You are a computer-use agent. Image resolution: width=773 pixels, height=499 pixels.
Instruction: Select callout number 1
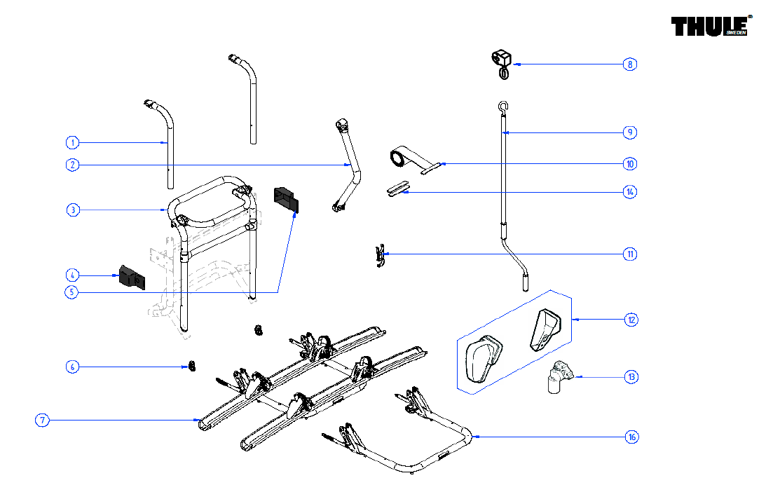coord(72,143)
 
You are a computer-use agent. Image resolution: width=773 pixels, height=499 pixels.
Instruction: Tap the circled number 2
coord(72,165)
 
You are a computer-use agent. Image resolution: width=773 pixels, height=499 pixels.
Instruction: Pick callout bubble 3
coord(72,210)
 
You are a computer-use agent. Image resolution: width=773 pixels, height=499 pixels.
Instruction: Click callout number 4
coord(72,275)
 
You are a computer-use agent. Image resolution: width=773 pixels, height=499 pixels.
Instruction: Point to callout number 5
coord(72,292)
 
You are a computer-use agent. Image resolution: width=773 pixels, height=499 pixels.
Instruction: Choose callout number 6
coord(72,367)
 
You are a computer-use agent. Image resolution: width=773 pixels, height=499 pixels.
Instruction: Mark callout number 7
coord(43,421)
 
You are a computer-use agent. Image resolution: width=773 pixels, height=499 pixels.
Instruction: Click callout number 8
coord(630,64)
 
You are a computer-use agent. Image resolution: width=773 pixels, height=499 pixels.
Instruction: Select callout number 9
coord(630,132)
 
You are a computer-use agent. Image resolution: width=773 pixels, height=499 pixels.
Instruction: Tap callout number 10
coord(630,164)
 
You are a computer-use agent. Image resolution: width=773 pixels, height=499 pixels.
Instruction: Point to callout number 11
coord(630,254)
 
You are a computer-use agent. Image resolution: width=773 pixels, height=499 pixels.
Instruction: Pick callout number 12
coord(631,320)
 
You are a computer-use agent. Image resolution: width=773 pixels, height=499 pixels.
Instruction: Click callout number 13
coord(631,377)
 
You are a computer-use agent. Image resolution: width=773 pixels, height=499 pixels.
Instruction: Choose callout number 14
coord(630,191)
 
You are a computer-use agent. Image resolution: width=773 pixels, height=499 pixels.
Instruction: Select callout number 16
coord(631,437)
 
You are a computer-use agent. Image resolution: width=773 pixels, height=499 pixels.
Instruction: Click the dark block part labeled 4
coord(132,278)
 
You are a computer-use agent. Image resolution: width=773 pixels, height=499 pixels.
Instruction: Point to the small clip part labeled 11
coord(380,255)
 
